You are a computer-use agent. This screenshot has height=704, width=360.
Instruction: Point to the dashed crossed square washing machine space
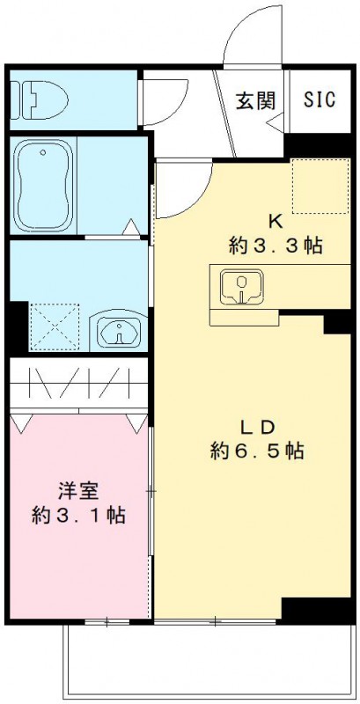click(x=55, y=328)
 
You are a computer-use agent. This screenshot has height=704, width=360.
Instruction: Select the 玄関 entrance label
click(x=255, y=100)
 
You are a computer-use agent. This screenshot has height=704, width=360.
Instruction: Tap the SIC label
click(x=320, y=99)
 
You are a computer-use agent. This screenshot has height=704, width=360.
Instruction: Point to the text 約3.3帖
click(x=274, y=246)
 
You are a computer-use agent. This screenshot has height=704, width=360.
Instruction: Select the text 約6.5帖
click(x=257, y=451)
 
